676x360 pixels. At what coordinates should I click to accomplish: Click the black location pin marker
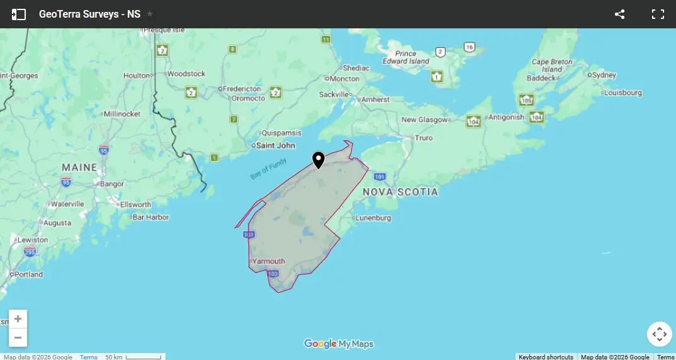pos(318,160)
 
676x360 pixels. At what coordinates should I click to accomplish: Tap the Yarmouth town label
pos(269,261)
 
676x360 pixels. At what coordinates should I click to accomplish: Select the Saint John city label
pos(276,145)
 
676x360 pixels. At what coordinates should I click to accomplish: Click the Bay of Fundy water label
pos(268,170)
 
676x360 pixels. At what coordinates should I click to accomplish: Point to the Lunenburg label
pos(373,218)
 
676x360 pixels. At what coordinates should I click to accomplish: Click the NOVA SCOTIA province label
pos(400,192)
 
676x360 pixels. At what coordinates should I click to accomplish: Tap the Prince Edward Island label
pos(406,58)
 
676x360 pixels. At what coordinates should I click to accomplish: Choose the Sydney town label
pos(604,75)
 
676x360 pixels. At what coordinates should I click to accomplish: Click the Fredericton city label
pos(242,89)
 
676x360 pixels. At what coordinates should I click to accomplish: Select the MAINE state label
pos(79,167)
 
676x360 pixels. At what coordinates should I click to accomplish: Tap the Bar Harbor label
pos(151,217)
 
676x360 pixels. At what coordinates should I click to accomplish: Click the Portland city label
pos(29,274)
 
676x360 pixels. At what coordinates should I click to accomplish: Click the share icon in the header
pos(619,14)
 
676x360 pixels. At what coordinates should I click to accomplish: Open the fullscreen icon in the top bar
pos(658,14)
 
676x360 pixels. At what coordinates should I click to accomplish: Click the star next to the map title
pos(150,14)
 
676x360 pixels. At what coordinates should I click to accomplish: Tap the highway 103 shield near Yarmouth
pos(273,274)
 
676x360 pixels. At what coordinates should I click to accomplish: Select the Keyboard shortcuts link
pos(546,357)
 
